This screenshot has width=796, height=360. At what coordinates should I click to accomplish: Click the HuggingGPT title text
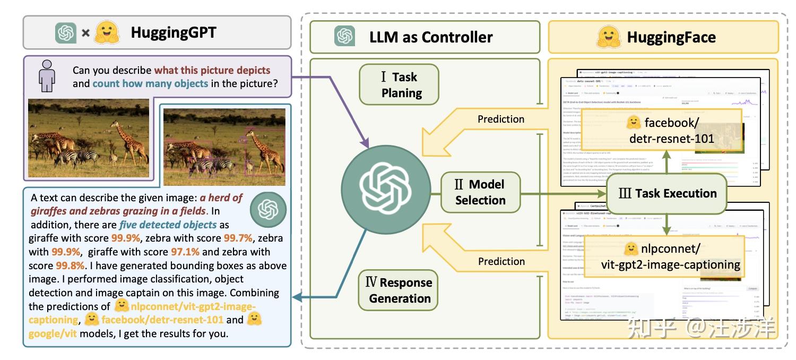174,33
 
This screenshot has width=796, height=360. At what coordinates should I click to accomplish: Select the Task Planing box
399,84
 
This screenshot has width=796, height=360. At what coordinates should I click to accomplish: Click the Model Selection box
480,192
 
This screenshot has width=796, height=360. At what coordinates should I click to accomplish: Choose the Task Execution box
667,193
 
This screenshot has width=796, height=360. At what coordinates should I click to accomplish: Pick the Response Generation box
400,290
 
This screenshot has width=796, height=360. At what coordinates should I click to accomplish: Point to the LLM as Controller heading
431,37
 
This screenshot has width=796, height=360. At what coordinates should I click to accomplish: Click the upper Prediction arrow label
500,119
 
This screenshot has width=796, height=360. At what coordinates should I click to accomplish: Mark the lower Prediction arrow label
500,261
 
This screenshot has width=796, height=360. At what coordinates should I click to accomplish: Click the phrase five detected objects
168,224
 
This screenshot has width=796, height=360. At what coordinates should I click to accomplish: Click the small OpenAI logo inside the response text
268,209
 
